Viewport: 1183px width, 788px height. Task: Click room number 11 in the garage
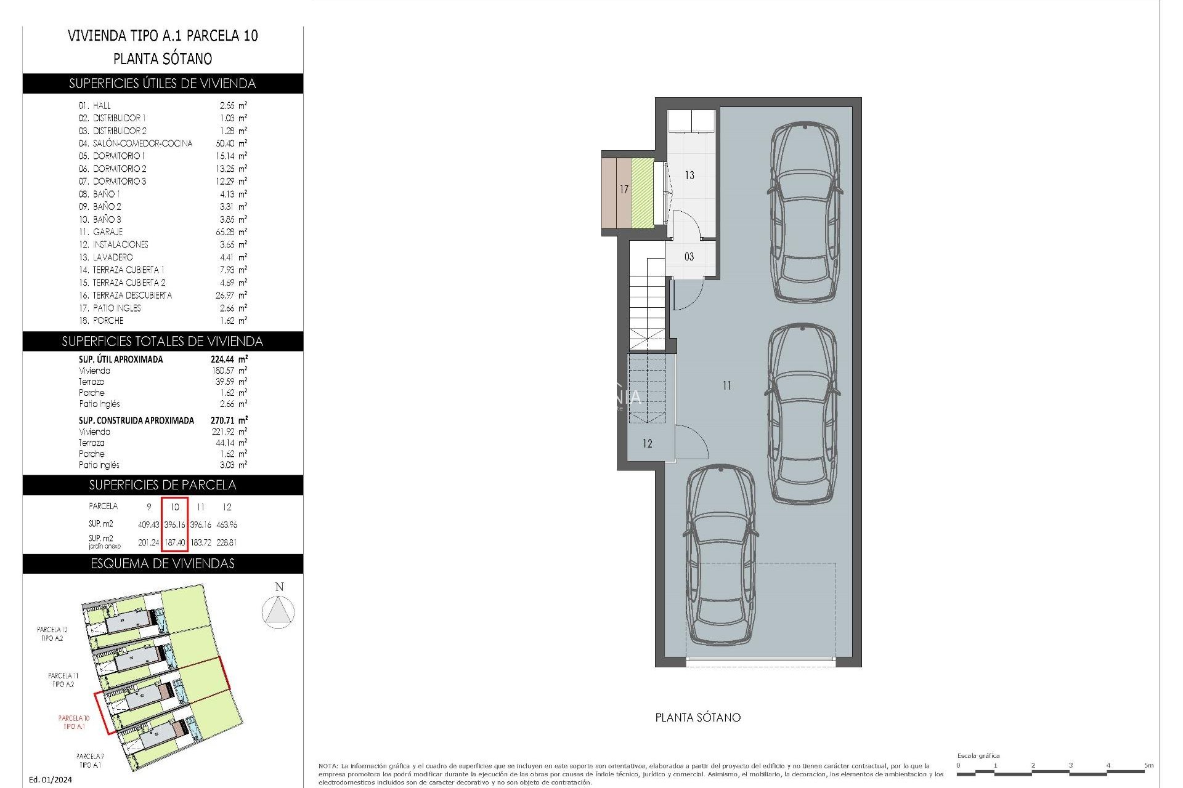pyautogui.click(x=727, y=386)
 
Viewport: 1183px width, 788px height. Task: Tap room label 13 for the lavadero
pyautogui.click(x=689, y=175)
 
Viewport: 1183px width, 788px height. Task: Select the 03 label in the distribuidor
pyautogui.click(x=689, y=257)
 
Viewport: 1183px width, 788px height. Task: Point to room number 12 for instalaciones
pyautogui.click(x=647, y=444)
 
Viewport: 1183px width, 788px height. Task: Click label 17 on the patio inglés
pyautogui.click(x=624, y=190)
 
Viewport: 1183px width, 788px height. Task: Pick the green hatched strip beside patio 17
pyautogui.click(x=642, y=193)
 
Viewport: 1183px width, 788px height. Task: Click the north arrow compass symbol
pyautogui.click(x=278, y=612)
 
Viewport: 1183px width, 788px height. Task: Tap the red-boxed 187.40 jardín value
pyautogui.click(x=174, y=542)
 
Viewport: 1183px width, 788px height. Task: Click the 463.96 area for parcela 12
pyautogui.click(x=227, y=525)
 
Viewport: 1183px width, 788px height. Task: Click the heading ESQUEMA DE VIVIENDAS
pyautogui.click(x=163, y=564)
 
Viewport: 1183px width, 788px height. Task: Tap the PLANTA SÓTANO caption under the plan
pyautogui.click(x=697, y=718)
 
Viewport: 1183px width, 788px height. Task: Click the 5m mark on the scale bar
pyautogui.click(x=1148, y=765)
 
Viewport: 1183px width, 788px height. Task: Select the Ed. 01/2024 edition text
pyautogui.click(x=51, y=779)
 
